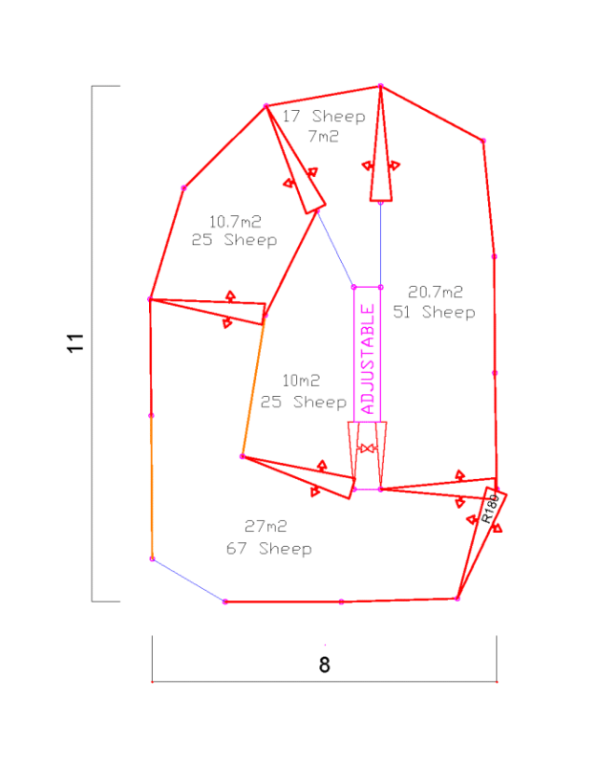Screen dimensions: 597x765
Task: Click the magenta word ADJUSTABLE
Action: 368,359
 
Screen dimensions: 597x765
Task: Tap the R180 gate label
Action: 490,509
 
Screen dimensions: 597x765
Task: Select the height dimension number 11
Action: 75,343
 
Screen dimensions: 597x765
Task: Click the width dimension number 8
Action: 325,665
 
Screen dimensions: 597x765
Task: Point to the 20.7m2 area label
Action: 436,292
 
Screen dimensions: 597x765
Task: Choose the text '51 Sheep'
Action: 434,313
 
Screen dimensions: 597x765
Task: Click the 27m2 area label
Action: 266,526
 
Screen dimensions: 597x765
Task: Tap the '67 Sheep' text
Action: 269,548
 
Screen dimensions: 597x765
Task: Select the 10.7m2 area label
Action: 235,222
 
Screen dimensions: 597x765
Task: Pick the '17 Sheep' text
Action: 324,116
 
